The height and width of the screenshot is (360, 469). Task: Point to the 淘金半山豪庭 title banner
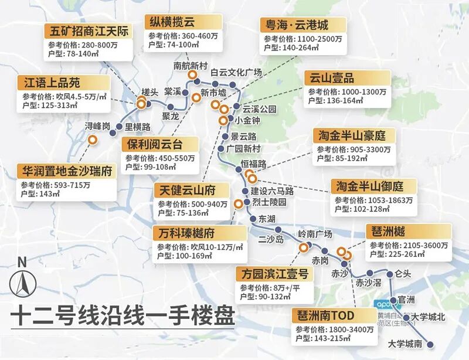click(x=354, y=135)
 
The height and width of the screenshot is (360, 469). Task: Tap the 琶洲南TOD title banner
click(x=334, y=316)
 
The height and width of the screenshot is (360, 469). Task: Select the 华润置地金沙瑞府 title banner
click(x=66, y=172)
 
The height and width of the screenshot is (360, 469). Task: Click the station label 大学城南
click(x=405, y=344)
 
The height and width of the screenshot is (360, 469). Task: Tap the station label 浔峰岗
click(x=97, y=126)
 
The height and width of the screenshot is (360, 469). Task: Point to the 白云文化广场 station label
click(x=236, y=73)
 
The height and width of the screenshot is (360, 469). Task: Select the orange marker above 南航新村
click(x=192, y=75)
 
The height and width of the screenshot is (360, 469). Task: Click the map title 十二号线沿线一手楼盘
click(x=122, y=318)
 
